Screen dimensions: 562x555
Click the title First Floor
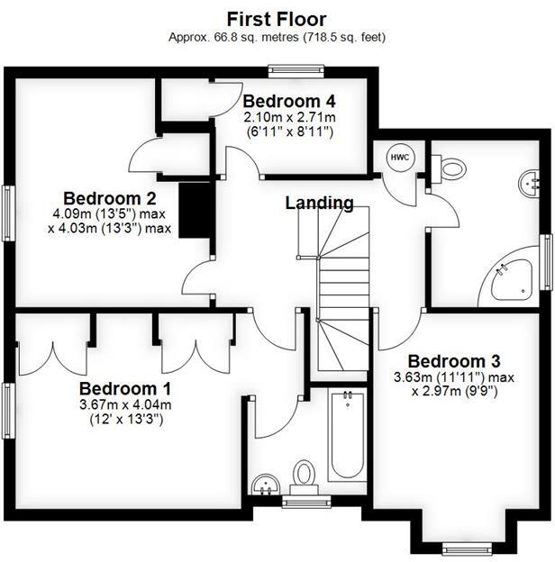pos(277,18)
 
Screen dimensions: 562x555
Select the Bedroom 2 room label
pos(110,198)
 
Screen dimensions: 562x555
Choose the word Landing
pos(319,203)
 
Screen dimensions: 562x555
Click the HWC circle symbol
pos(398,157)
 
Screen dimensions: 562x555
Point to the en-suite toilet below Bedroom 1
pos(305,476)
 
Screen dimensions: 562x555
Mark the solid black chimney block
pos(196,209)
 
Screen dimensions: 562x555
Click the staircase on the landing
pos(342,288)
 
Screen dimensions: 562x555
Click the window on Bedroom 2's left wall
pos(8,213)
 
